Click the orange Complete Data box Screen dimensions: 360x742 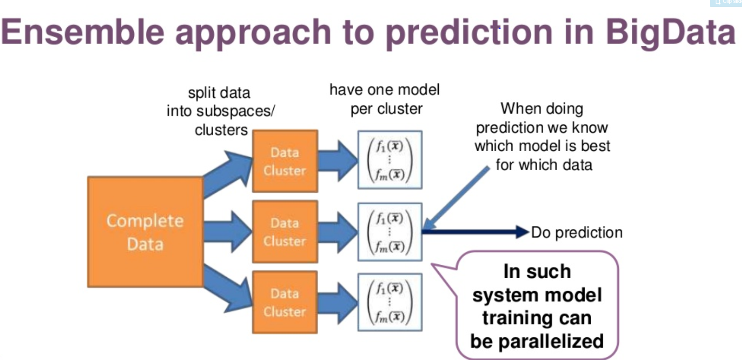point(145,232)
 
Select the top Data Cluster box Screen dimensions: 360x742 point(285,161)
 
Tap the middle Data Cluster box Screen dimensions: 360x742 point(285,231)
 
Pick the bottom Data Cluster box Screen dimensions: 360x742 point(285,302)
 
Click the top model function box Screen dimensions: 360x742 point(390,160)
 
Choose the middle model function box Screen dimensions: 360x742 point(390,231)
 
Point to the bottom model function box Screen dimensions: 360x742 point(390,302)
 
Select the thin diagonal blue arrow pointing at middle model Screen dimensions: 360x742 point(456,199)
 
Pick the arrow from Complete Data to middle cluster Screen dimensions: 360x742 point(227,231)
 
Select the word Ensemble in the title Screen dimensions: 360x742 point(83,32)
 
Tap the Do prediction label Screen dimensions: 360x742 point(577,233)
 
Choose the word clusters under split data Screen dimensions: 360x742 point(221,130)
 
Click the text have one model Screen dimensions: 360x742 point(384,90)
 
